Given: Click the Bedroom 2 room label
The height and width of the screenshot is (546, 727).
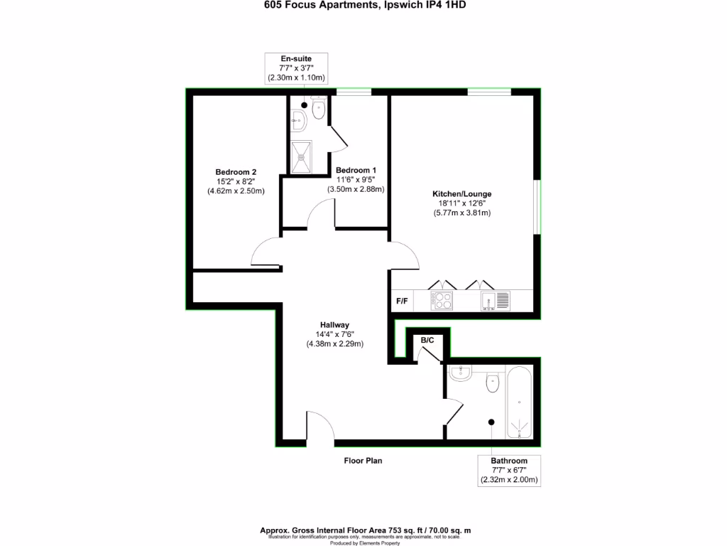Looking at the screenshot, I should tap(236, 172).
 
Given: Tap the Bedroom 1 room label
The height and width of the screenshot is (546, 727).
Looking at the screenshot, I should tap(356, 171).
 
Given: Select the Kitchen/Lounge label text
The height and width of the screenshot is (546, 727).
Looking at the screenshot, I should tap(462, 193).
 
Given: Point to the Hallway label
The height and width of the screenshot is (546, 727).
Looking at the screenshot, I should tap(334, 325).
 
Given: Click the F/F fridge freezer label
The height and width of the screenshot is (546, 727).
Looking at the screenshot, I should tap(402, 301).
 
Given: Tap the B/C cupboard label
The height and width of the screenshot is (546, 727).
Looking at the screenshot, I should tap(427, 341).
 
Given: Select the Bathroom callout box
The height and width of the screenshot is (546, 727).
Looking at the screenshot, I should tap(510, 471).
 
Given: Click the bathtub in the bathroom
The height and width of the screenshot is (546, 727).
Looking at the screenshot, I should tap(521, 402).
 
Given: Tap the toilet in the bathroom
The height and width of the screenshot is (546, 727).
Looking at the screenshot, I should tap(493, 384).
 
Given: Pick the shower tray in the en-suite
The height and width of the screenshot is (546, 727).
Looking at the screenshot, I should tap(301, 156).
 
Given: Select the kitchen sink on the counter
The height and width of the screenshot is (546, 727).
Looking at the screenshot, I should tap(495, 301).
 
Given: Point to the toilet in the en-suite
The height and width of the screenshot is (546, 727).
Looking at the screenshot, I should tap(319, 110).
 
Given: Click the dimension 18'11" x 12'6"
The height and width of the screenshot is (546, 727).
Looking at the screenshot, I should tap(462, 203).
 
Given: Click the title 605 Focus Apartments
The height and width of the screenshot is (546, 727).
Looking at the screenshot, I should tap(311, 5).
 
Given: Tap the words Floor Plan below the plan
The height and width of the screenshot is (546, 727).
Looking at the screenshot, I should tap(363, 461).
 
